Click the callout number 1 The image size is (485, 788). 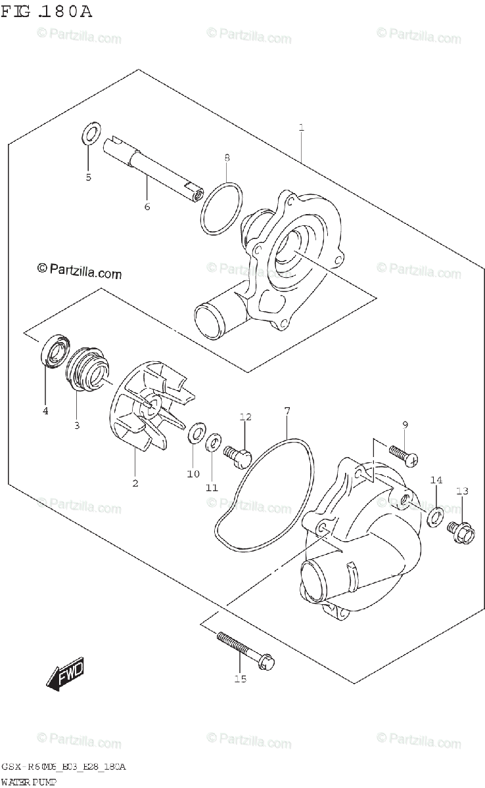tap(301, 127)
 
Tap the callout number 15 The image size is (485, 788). tap(241, 678)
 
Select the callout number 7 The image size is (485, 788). tap(287, 411)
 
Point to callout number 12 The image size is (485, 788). tap(245, 416)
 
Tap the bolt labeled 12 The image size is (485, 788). tap(237, 454)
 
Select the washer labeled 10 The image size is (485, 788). tap(195, 435)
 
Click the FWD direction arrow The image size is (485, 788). tap(64, 675)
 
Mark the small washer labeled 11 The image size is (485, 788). tap(212, 443)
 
